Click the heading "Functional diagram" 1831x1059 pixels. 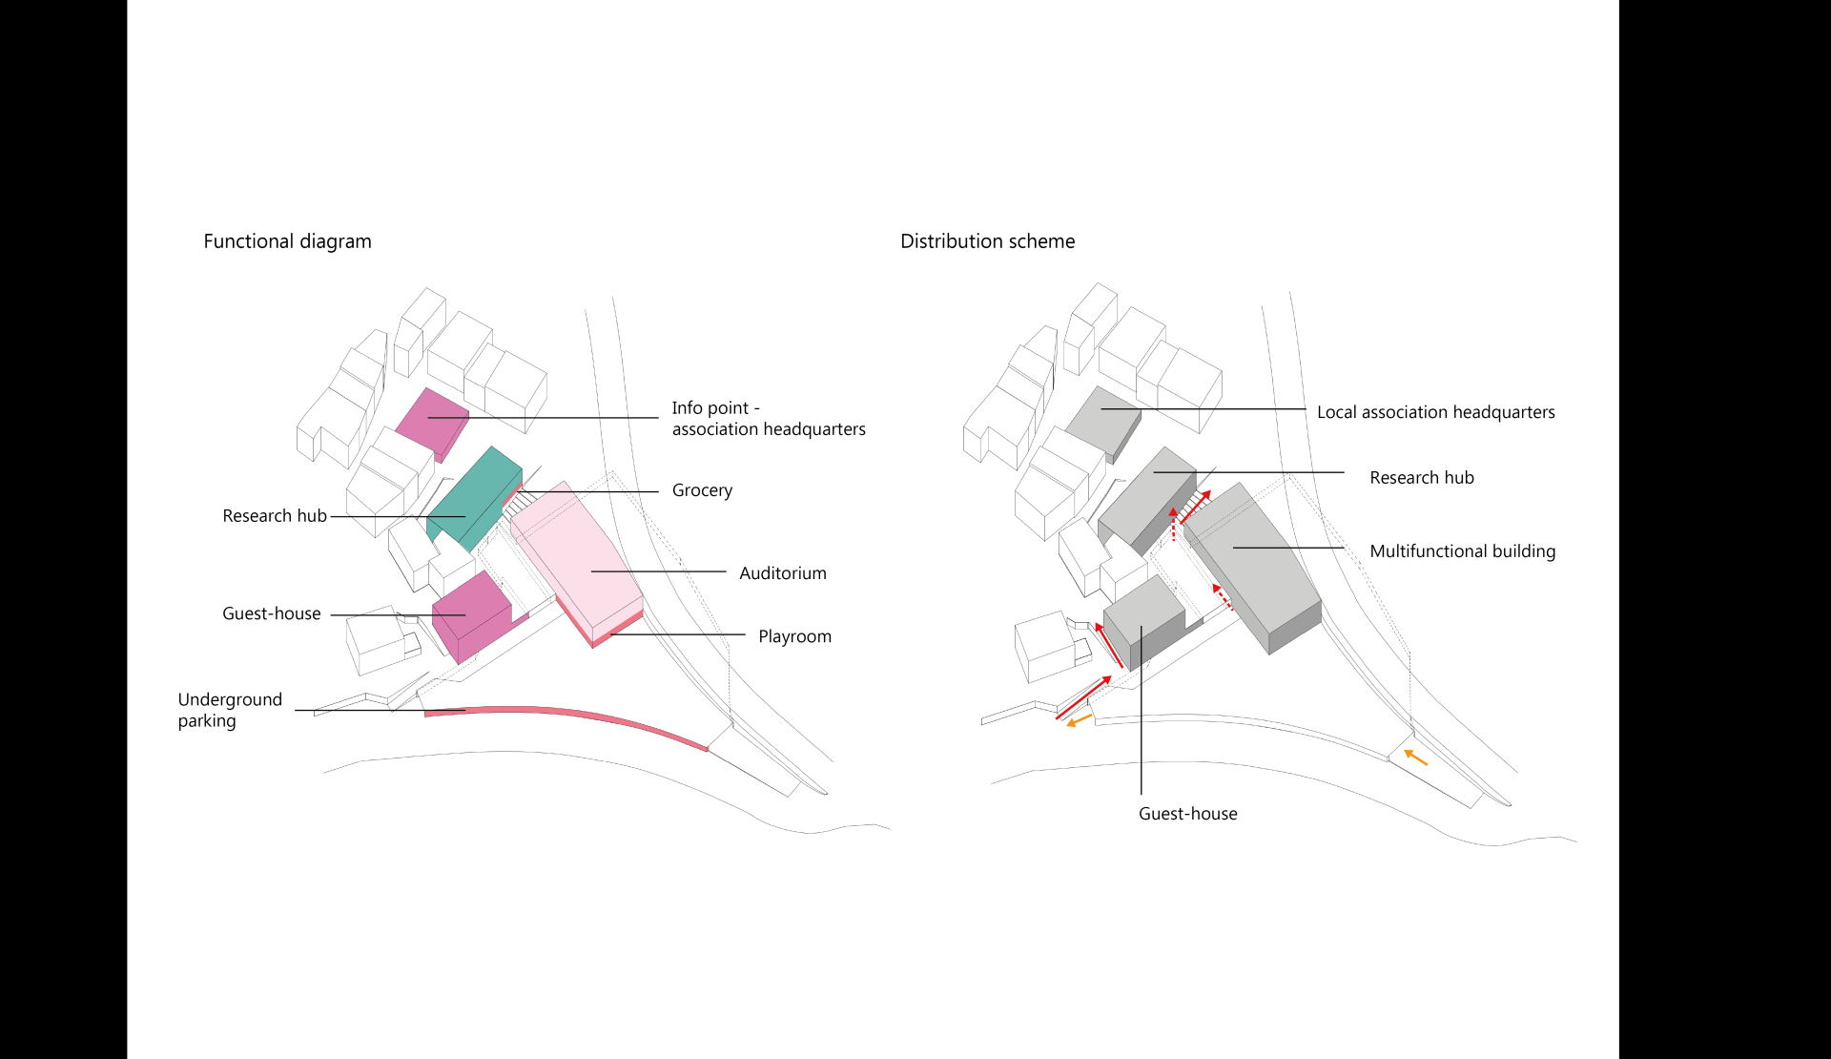tap(287, 241)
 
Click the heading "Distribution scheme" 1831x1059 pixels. tap(987, 241)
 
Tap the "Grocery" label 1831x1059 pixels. tap(702, 490)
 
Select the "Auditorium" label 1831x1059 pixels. tap(782, 573)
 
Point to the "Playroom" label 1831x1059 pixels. tap(794, 636)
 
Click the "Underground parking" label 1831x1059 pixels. tap(230, 710)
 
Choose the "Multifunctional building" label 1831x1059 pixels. tap(1462, 551)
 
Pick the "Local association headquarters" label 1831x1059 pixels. tap(1435, 412)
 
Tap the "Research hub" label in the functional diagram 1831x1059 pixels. tap(275, 516)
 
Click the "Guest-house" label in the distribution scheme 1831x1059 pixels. tap(1187, 814)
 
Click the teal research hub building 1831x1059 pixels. tap(474, 496)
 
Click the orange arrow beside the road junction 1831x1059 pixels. tap(1416, 758)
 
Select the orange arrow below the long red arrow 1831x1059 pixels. tap(1079, 721)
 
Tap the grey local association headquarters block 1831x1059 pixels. tap(1103, 420)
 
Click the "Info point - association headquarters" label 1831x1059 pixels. tap(768, 419)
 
